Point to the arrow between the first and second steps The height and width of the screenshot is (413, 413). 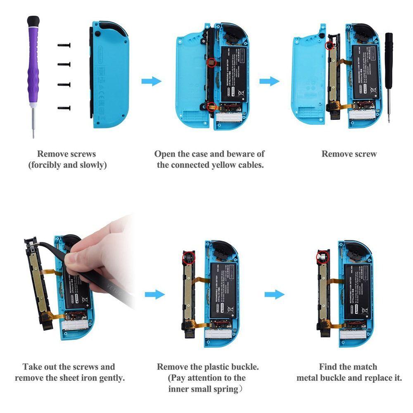click(151, 81)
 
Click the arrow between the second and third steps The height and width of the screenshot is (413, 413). click(269, 81)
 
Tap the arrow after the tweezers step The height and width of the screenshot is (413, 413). click(155, 294)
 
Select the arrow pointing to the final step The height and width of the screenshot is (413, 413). click(274, 294)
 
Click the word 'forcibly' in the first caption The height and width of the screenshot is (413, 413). click(47, 165)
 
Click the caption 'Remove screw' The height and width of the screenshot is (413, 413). click(349, 154)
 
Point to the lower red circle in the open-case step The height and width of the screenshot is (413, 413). click(211, 106)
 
